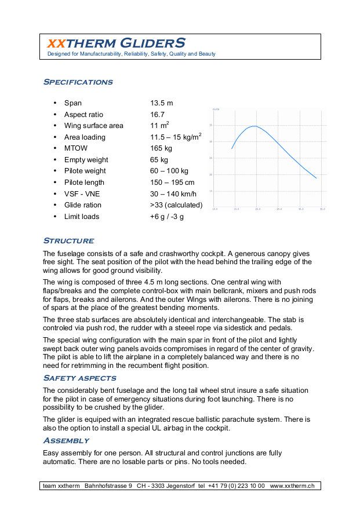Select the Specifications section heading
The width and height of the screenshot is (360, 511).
(78, 82)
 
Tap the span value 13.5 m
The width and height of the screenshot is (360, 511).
(162, 103)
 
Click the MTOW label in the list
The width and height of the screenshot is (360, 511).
(76, 148)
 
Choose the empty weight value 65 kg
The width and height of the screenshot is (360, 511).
(159, 160)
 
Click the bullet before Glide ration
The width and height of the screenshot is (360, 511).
(54, 205)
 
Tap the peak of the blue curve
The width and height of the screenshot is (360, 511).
(254, 126)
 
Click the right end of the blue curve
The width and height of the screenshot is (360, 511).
(316, 178)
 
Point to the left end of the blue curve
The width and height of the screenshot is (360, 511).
(232, 149)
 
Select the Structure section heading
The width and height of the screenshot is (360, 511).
(68, 241)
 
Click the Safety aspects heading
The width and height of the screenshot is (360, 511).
(80, 378)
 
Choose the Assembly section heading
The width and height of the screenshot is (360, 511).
(66, 441)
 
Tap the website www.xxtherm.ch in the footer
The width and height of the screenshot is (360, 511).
(292, 486)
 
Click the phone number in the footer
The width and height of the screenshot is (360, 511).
(236, 486)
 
